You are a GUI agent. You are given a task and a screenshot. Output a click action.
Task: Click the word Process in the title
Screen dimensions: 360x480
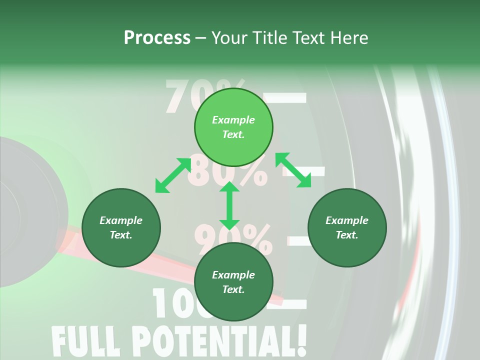tap(157, 37)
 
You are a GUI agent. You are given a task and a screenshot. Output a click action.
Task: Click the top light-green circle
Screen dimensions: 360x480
tap(233, 127)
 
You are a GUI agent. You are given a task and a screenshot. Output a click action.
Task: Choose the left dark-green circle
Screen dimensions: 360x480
tap(121, 228)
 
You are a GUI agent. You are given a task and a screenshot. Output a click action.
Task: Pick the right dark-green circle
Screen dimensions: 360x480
tap(347, 228)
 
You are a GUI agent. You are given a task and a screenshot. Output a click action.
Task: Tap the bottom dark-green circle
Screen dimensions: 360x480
tap(233, 282)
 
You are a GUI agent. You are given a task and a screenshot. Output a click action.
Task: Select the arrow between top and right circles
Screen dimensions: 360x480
tap(293, 170)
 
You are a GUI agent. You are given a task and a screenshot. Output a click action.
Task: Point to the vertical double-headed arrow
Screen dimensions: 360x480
tap(229, 205)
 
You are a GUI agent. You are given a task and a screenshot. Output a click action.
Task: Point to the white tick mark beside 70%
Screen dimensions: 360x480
tap(286, 97)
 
